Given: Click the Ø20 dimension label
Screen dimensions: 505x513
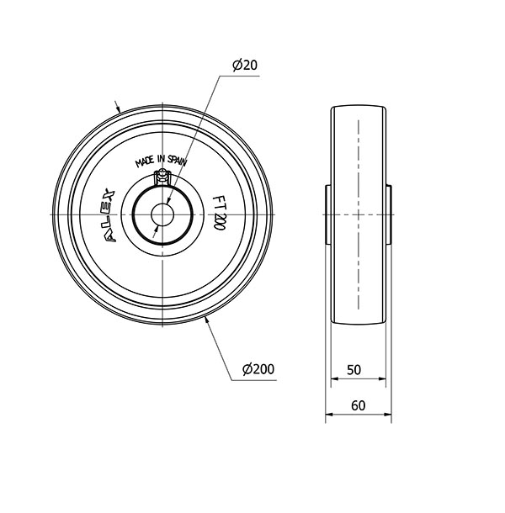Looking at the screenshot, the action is tap(245, 65).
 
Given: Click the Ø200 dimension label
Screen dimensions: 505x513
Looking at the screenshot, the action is tap(258, 369).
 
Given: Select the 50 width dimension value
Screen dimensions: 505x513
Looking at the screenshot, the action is tap(353, 370).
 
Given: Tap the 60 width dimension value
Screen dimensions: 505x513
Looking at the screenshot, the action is tap(358, 405).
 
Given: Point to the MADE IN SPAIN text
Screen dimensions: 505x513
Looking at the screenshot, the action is tap(161, 161).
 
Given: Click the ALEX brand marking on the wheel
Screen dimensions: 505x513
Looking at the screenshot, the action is tap(110, 215).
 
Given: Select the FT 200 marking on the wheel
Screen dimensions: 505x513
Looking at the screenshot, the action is tap(219, 213).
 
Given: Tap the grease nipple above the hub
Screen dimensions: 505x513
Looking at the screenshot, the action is tap(162, 177).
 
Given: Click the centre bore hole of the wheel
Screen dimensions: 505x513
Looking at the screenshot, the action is tap(162, 214).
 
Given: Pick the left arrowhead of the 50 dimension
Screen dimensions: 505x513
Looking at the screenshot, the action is tap(334, 378).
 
